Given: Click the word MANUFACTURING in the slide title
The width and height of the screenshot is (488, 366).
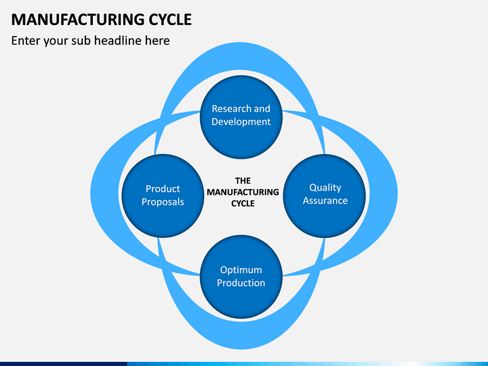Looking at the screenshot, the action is click(x=78, y=20).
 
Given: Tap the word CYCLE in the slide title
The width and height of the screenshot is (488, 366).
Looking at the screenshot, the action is click(x=170, y=20).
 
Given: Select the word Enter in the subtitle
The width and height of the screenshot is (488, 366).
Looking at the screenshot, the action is click(x=25, y=41).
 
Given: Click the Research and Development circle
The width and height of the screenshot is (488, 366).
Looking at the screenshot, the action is click(x=241, y=117).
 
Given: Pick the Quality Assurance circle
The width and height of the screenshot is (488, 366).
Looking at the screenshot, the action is click(x=325, y=196).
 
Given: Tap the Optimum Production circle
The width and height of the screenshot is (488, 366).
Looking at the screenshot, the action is click(x=241, y=277).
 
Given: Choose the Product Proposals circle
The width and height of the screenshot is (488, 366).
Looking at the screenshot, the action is click(x=163, y=196).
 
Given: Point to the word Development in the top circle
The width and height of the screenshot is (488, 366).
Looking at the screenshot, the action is click(x=241, y=122).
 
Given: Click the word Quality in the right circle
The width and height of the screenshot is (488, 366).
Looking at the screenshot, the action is click(x=325, y=188).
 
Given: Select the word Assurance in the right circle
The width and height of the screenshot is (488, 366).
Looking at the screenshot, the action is click(x=325, y=201).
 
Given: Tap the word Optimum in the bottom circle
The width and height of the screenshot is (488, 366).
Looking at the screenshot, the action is click(x=241, y=270).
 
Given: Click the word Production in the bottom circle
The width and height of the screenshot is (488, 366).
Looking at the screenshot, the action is click(x=241, y=283).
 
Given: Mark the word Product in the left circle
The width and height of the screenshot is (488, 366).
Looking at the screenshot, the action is click(x=163, y=189).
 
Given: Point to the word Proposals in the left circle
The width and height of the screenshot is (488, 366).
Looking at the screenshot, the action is click(x=163, y=202).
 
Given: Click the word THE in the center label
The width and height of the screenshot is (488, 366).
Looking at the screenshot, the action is click(x=243, y=181).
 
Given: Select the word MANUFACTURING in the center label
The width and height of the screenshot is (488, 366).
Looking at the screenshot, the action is click(x=243, y=192).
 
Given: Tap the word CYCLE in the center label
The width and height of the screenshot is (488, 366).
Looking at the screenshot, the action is click(x=243, y=203).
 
